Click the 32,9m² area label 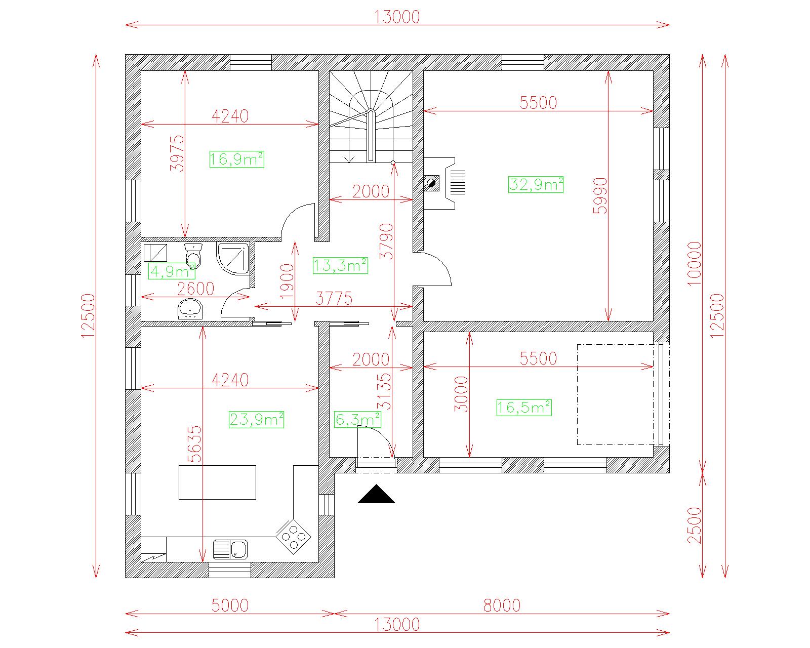click(x=536, y=184)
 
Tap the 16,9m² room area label click(x=237, y=159)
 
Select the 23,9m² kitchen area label click(x=256, y=420)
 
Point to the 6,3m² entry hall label click(x=357, y=420)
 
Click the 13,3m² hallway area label click(x=340, y=265)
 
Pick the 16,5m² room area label click(x=524, y=408)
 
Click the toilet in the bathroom click(x=193, y=255)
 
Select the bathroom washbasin click(x=190, y=309)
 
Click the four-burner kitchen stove click(x=293, y=536)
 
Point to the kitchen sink click(x=230, y=549)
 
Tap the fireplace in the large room click(x=439, y=183)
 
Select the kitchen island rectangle click(x=217, y=482)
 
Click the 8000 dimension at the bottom click(x=502, y=605)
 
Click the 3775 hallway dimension click(x=334, y=298)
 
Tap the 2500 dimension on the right click(x=695, y=525)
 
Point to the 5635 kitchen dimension click(x=194, y=444)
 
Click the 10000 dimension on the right click(x=695, y=264)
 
